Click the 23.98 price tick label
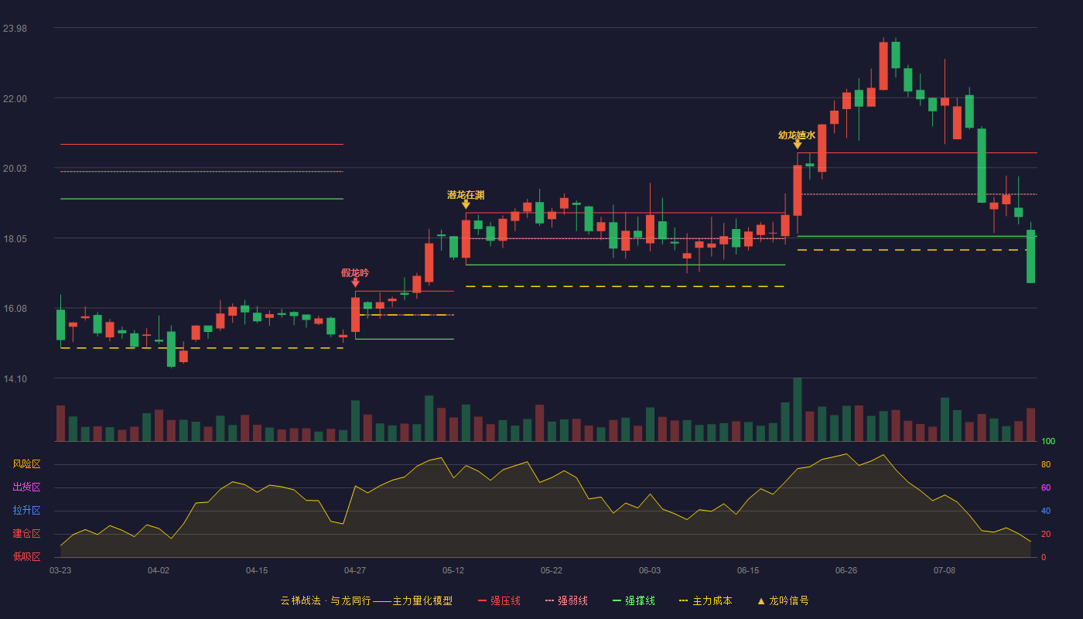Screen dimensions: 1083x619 click(15, 29)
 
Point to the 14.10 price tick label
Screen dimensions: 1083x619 click(15, 378)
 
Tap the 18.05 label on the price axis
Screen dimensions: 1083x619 click(15, 239)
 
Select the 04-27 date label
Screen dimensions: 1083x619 click(355, 571)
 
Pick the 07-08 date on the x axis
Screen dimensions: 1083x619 click(945, 571)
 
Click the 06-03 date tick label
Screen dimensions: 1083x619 click(650, 571)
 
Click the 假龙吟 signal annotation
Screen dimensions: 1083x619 click(355, 272)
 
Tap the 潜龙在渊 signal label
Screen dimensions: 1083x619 click(466, 195)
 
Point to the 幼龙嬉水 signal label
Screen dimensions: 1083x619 click(797, 135)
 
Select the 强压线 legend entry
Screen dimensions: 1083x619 click(500, 600)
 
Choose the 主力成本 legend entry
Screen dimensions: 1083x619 click(705, 600)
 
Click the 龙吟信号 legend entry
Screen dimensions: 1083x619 click(783, 600)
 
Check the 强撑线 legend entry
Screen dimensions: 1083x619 click(634, 600)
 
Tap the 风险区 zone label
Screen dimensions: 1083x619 click(26, 463)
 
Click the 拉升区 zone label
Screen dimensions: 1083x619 click(26, 510)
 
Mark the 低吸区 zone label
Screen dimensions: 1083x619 click(26, 556)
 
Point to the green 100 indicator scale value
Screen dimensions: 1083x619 click(1048, 441)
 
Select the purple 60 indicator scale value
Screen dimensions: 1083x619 click(1046, 487)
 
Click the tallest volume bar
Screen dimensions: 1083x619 click(798, 409)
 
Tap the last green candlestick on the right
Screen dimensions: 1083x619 click(1030, 256)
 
